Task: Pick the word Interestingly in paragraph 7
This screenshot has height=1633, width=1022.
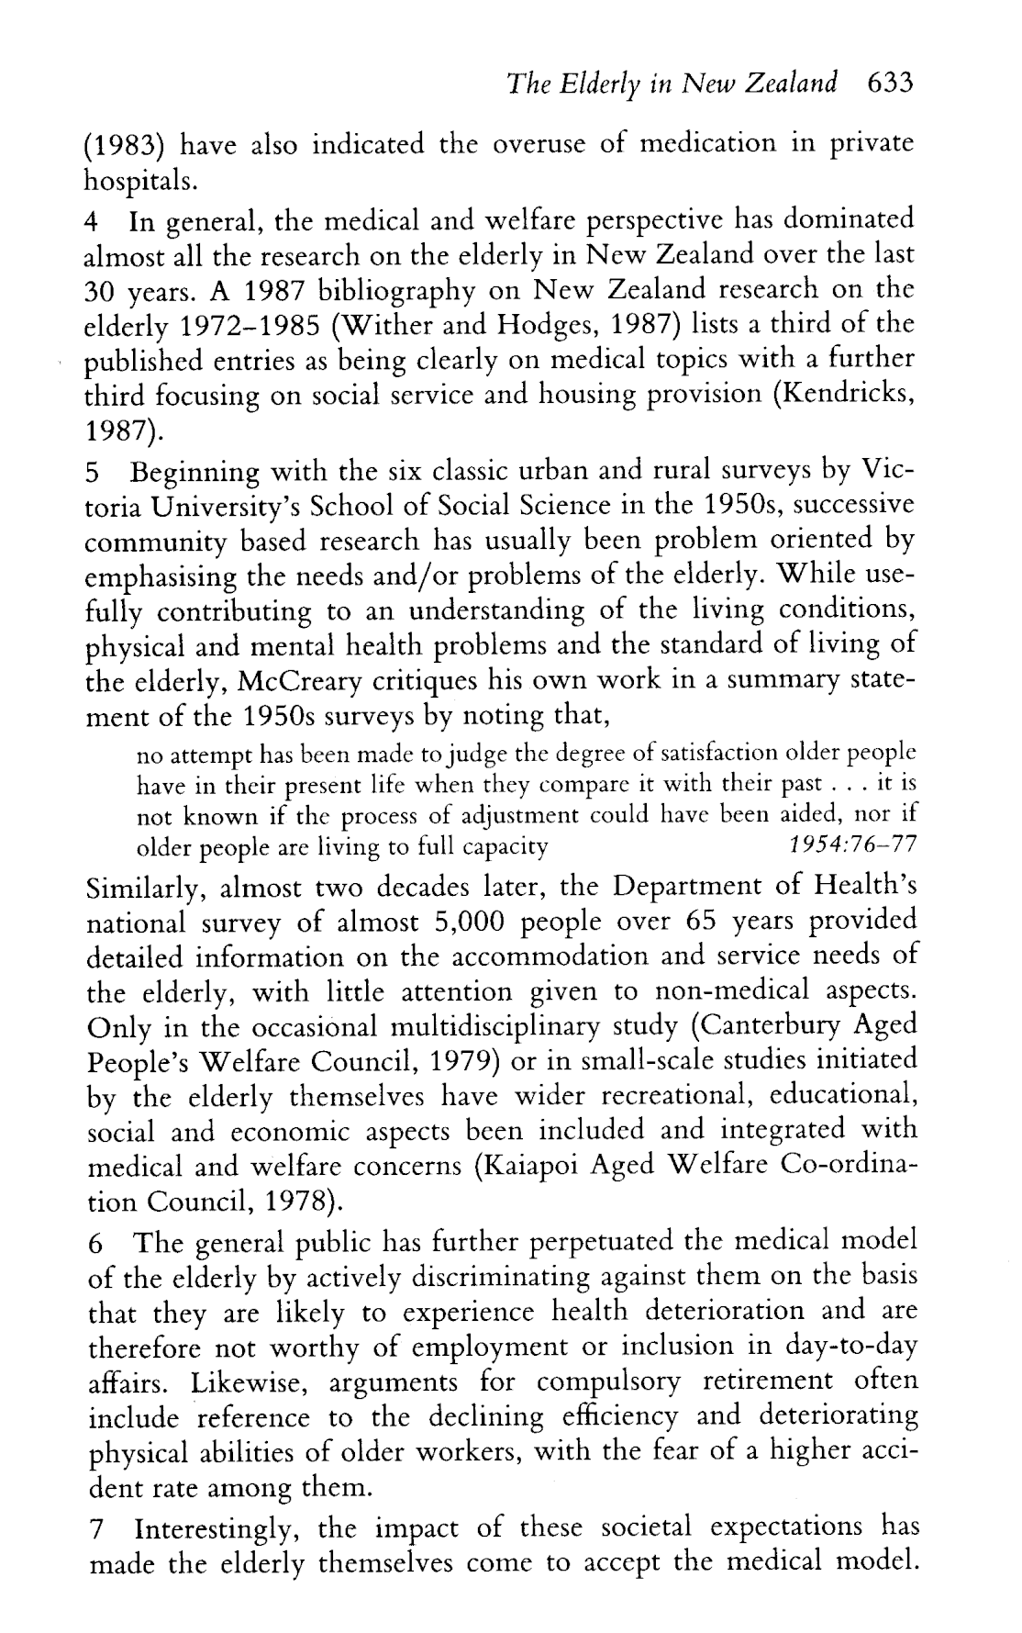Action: coord(220,1528)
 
